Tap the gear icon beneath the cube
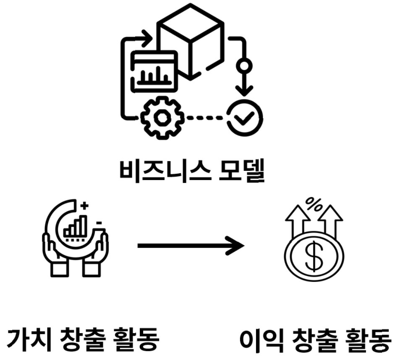162,117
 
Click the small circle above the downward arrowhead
244,66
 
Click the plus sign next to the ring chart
85,206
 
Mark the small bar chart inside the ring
76,227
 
